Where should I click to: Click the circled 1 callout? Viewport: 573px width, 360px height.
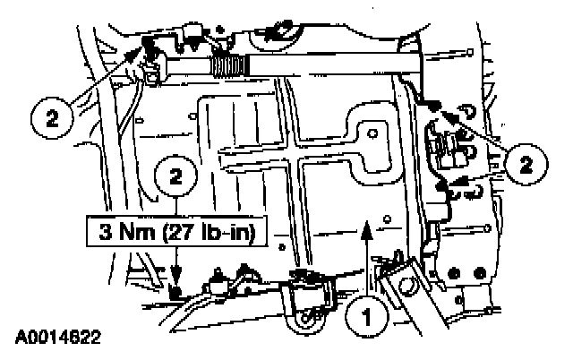click(x=365, y=316)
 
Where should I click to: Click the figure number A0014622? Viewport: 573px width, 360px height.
click(x=56, y=339)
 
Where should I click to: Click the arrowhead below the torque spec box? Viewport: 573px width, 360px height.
click(x=176, y=279)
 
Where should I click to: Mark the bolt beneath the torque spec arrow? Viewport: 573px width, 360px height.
click(x=177, y=292)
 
